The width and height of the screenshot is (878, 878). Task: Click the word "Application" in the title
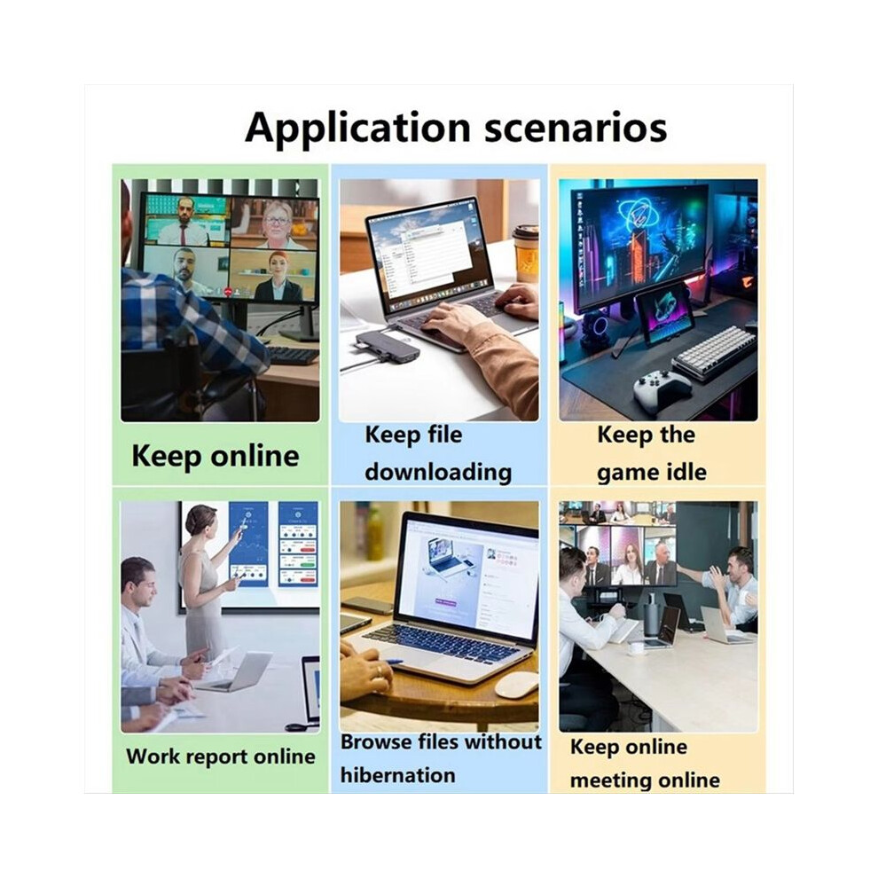(x=357, y=129)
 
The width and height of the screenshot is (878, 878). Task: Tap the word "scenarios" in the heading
(x=575, y=129)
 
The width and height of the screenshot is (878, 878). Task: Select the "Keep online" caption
(x=215, y=456)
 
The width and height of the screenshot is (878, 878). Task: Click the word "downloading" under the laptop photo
(x=438, y=472)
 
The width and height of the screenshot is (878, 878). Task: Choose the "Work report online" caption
(x=221, y=756)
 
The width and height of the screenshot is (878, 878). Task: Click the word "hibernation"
(x=397, y=775)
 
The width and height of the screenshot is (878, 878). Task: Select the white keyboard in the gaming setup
(x=713, y=352)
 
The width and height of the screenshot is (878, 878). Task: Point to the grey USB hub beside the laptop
(x=385, y=345)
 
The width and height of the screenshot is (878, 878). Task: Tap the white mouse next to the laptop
(x=516, y=685)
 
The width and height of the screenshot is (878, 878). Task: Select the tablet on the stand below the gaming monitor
(x=665, y=314)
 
